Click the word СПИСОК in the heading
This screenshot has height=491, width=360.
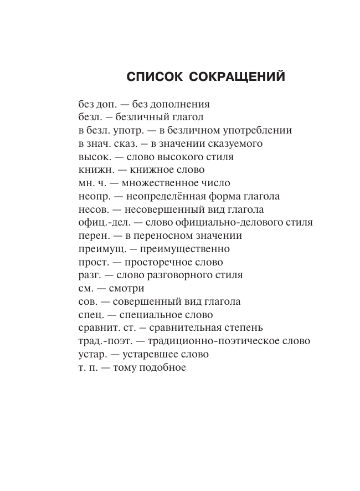click(x=156, y=76)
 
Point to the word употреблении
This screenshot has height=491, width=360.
click(x=256, y=131)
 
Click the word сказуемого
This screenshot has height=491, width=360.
click(x=232, y=144)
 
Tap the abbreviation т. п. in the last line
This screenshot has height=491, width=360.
click(x=88, y=367)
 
